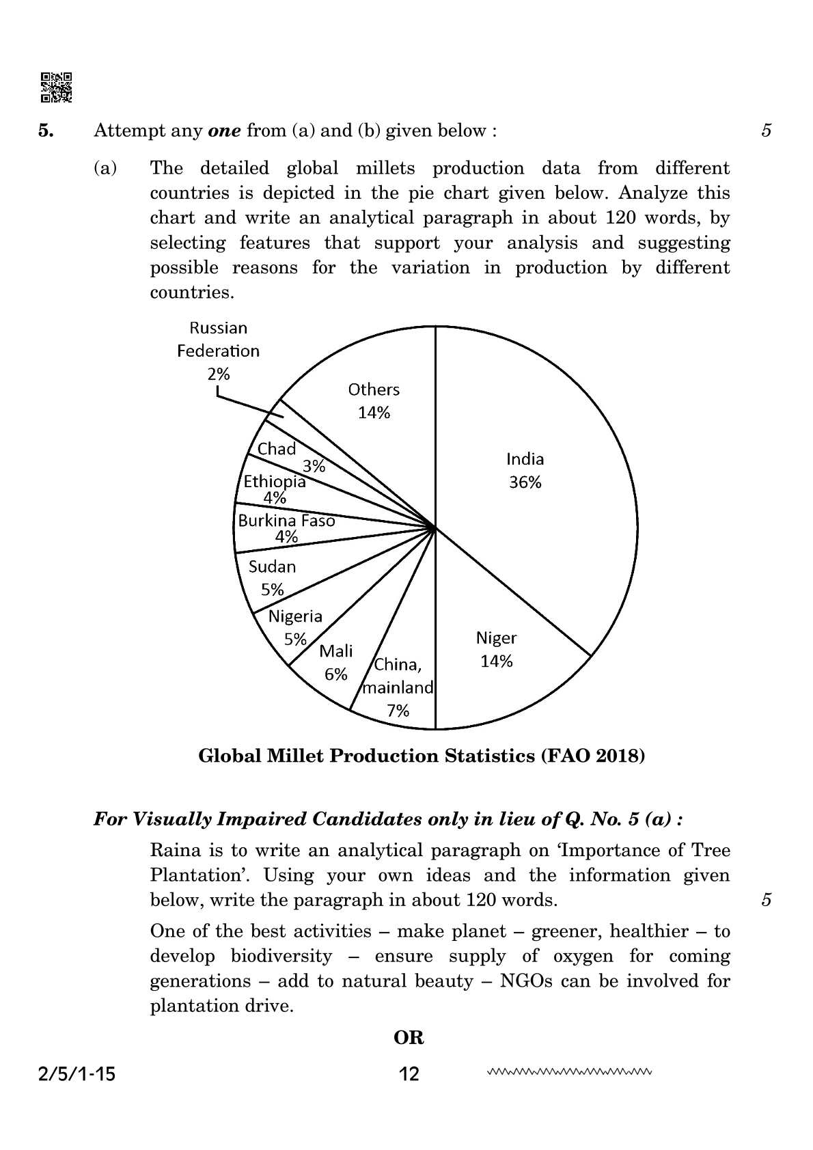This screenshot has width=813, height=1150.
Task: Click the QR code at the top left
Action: pos(56,87)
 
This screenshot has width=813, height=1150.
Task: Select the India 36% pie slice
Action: pos(525,470)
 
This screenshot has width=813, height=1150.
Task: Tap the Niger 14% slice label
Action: pos(496,649)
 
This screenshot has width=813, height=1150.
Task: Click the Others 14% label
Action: pos(374,400)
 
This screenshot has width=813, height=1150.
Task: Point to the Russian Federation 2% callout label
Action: pos(219,351)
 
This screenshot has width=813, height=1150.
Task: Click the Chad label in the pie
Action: pos(277,449)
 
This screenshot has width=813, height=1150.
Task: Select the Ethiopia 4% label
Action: pos(275,489)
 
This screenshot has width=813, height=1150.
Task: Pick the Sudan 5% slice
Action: pos(272,577)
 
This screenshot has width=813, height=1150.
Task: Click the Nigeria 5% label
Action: pos(295,627)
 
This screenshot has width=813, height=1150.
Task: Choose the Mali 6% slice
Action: pos(335,662)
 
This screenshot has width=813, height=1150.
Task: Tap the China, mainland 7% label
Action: pos(398,687)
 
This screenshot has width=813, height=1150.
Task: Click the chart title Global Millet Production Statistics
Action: pos(422,756)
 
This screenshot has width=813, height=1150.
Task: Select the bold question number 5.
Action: pos(46,131)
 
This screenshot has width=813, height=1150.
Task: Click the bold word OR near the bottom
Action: pos(409,1038)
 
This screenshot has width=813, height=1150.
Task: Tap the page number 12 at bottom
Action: pos(409,1075)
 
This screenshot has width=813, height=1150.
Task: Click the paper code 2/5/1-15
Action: pos(74,1075)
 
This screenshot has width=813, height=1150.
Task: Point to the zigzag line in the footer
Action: pos(570,1072)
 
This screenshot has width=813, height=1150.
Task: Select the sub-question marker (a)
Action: pos(105,168)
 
